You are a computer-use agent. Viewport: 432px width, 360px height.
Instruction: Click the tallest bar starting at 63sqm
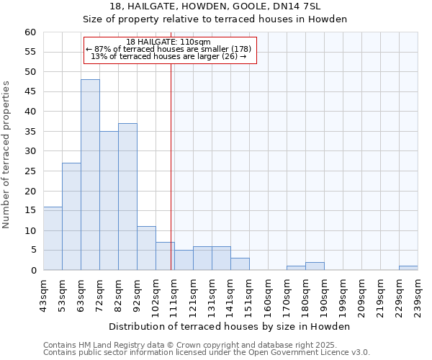(90, 175)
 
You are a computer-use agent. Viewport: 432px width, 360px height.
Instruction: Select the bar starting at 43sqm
(53, 238)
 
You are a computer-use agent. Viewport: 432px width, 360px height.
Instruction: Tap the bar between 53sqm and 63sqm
(71, 217)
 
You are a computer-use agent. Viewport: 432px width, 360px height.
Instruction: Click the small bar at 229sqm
(408, 268)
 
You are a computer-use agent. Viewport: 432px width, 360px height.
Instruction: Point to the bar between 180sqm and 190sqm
(315, 266)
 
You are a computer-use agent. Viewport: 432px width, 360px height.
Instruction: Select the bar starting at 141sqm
(240, 264)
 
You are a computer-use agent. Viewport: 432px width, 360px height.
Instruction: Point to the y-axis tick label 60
(30, 32)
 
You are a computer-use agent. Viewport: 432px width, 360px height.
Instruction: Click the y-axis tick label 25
(30, 171)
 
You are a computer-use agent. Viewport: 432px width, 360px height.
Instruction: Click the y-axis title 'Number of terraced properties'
(7, 155)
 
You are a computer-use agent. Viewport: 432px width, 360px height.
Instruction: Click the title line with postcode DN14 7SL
(215, 6)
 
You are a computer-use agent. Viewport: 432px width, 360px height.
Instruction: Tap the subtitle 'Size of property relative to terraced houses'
(215, 19)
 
